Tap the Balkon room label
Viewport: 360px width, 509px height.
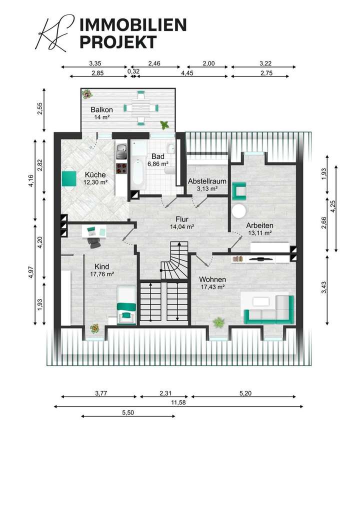click(x=101, y=109)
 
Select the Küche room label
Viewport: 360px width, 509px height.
click(x=95, y=174)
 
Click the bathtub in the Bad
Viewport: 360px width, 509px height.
click(x=137, y=174)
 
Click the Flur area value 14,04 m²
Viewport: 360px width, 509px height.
click(x=182, y=226)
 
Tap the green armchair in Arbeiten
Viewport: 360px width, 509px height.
click(x=239, y=190)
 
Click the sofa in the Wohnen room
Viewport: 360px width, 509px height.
click(x=269, y=307)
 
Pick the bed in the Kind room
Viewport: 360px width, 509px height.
click(x=126, y=305)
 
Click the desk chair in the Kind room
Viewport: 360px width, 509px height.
click(x=93, y=241)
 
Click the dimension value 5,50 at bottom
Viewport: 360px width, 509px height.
click(x=128, y=412)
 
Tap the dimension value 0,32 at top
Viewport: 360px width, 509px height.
click(x=133, y=71)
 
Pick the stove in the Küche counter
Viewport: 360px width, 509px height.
click(x=120, y=168)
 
